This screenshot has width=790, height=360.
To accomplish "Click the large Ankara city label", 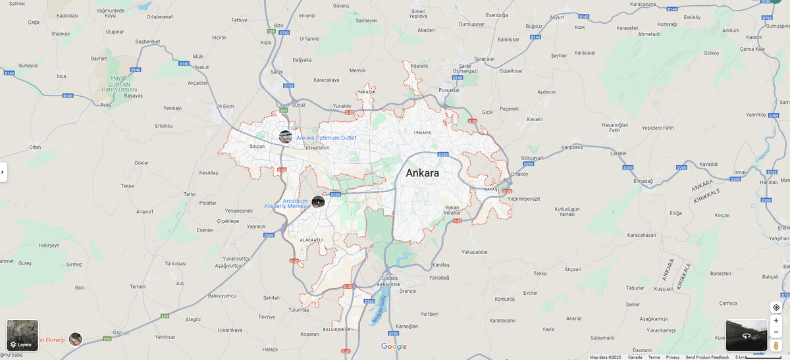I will (422, 173).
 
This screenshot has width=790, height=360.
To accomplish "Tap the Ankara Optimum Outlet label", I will (326, 138).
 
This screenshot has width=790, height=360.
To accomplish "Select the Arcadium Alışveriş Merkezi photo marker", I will (318, 201).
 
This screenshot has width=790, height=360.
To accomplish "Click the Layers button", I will (22, 336).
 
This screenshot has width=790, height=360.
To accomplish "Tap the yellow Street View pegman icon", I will (776, 345).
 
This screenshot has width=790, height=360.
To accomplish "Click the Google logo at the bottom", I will (394, 346).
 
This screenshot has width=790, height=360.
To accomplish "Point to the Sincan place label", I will (257, 147).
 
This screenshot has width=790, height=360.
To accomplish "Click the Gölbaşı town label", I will (390, 278).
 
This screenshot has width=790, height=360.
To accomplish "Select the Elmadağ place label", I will (643, 180).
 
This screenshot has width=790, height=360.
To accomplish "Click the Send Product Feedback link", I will (707, 357).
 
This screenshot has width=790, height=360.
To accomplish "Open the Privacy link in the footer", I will (672, 357).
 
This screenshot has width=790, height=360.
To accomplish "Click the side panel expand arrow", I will (3, 172).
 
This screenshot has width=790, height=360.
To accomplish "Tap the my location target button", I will (776, 307).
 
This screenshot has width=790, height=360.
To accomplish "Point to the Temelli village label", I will (138, 287).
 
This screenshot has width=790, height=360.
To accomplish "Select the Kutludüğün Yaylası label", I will (567, 211).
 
